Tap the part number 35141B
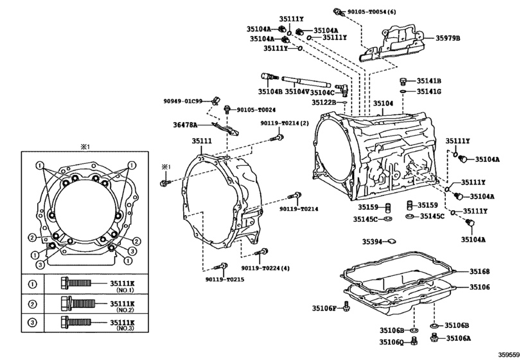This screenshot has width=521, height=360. (428, 81)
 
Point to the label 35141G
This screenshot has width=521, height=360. (428, 92)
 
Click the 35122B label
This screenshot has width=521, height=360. (324, 102)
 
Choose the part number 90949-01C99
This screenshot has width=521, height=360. (182, 101)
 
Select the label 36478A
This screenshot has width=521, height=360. (184, 125)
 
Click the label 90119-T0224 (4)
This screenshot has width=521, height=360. (266, 268)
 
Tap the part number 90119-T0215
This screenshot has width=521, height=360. (225, 280)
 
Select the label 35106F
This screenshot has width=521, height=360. (325, 309)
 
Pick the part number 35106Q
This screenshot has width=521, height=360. (390, 342)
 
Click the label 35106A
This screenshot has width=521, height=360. (458, 338)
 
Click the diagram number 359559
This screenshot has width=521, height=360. (505, 354)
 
